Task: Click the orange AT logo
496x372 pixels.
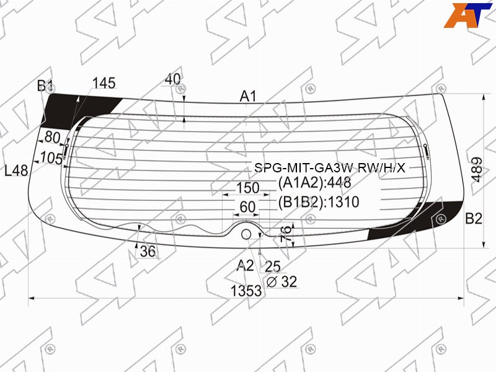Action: (x=467, y=15)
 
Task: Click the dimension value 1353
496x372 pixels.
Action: (x=246, y=291)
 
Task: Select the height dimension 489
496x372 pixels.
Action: (x=477, y=169)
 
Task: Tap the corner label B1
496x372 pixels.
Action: (x=45, y=86)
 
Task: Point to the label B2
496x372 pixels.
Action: (x=474, y=218)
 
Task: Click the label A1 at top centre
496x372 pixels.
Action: (x=248, y=96)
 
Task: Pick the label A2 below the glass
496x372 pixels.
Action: (x=245, y=265)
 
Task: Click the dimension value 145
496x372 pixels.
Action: (x=104, y=83)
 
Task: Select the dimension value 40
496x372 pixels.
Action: (x=173, y=79)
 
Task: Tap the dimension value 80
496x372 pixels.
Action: (x=53, y=137)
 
